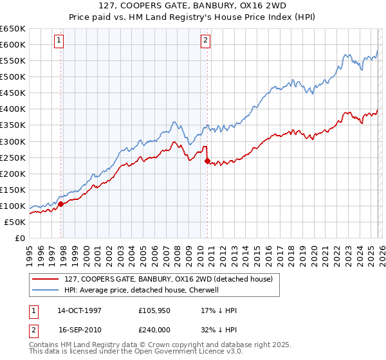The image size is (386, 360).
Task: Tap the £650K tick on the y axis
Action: coord(12,29)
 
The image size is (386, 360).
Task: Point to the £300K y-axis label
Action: coord(12,141)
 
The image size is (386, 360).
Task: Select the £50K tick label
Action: coord(15,222)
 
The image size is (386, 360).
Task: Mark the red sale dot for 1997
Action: coord(61,204)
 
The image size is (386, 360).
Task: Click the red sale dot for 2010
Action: coord(207,161)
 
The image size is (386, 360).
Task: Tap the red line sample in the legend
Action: coord(46,278)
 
